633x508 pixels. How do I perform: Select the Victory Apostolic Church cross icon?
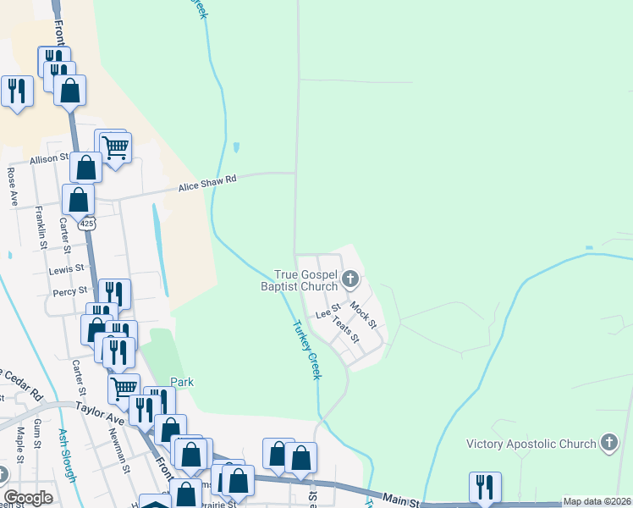point(608,443)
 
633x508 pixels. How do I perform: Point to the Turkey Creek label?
point(306,350)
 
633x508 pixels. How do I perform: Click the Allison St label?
point(49,158)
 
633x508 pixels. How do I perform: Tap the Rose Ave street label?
point(13,187)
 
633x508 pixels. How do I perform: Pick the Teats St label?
point(347,330)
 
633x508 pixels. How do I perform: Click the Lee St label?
point(328,312)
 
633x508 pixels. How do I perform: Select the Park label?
point(181,382)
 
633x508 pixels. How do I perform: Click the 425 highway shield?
point(87,224)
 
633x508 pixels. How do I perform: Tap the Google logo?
point(28,498)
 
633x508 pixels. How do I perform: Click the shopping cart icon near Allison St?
point(115,147)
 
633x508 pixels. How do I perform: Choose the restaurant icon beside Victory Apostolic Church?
point(485,487)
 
